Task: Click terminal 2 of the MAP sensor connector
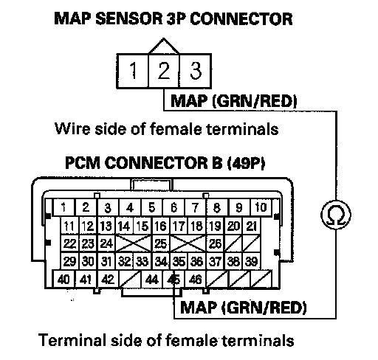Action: coord(163,71)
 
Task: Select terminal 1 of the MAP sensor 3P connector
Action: coord(133,71)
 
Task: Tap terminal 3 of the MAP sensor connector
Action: coord(195,71)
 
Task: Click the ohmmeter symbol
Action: coord(336,215)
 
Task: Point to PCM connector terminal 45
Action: coord(173,280)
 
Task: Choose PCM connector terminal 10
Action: coord(261,208)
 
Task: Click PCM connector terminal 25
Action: coord(160,243)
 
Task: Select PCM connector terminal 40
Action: coord(63,280)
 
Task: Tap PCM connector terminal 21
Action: coord(252,226)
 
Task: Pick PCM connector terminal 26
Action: coord(216,243)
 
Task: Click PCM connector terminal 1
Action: coord(64,208)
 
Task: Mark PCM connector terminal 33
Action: coord(142,261)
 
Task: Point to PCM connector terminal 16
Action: coord(161,226)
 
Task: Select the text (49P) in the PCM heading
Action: coord(246,163)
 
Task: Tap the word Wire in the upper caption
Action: coord(72,128)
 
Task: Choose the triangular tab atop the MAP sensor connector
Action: coord(164,46)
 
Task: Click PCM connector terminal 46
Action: coord(196,280)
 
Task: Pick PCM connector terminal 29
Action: coord(69,261)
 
